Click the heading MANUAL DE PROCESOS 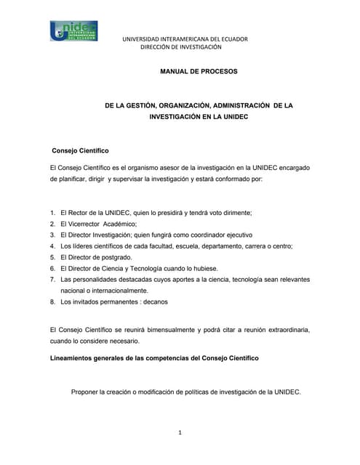[x=198, y=71]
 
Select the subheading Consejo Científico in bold [x=80, y=150]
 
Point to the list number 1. [x=52, y=212]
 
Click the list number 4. [x=52, y=246]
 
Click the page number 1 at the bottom [x=179, y=433]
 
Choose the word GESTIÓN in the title [x=145, y=105]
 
